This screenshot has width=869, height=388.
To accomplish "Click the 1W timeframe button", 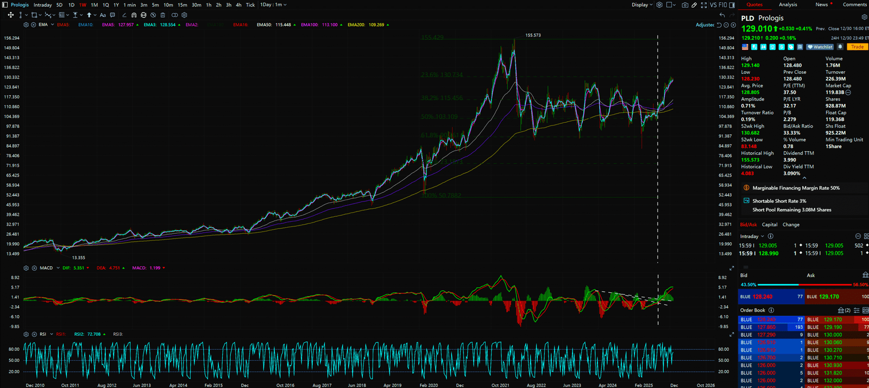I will point(83,5).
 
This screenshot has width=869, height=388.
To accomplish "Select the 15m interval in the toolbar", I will point(182,5).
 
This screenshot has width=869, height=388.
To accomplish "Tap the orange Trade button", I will point(857,47).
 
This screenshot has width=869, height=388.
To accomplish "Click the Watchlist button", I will point(820,47).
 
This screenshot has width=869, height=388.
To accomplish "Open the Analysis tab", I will point(788,4).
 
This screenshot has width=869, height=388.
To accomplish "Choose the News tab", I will point(821,4).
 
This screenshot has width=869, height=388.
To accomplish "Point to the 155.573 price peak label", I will point(533,35).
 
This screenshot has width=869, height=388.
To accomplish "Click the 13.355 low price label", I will point(78,258).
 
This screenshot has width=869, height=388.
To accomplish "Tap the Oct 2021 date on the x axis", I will point(500,385).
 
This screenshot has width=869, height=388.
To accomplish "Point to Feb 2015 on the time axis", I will point(213,385).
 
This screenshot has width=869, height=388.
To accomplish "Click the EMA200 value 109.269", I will point(376,25).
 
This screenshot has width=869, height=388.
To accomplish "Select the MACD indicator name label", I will point(46,268).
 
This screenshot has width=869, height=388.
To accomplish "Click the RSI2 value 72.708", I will point(94,334).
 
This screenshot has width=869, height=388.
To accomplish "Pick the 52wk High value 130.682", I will point(750,133).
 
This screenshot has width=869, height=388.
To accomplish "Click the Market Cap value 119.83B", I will point(835,92).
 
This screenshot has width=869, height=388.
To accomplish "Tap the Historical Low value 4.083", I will point(747,173).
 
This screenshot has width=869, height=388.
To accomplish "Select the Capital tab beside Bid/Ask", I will point(769,224).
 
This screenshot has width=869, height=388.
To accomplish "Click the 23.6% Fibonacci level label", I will point(442,75).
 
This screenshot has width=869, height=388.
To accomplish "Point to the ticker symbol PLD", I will point(747,18).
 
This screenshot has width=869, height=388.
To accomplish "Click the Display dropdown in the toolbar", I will point(641,5).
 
